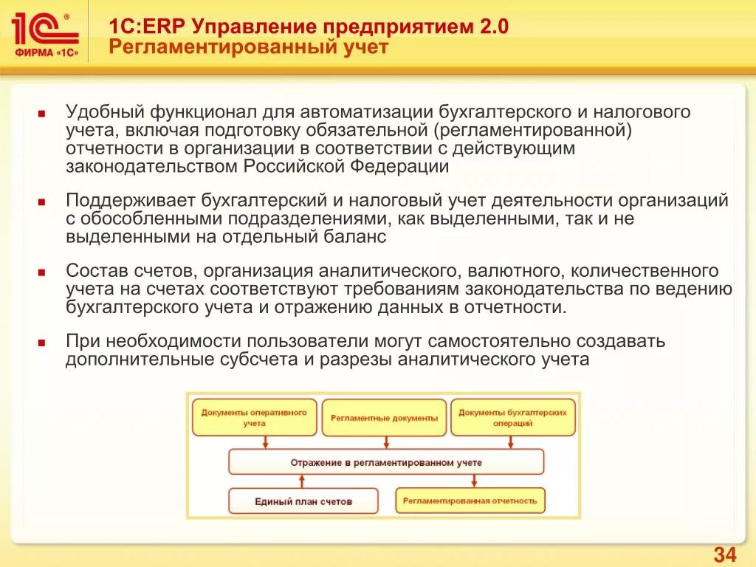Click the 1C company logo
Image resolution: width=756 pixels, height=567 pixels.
click(45, 36)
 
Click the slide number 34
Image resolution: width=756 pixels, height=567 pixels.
click(724, 555)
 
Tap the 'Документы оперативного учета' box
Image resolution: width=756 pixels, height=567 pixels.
click(254, 418)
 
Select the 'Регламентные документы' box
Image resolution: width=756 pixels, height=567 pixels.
click(384, 418)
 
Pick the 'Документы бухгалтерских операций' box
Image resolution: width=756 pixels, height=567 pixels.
click(512, 418)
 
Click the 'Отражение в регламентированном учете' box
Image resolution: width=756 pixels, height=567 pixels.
click(385, 462)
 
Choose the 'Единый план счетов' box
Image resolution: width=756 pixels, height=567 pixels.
click(303, 501)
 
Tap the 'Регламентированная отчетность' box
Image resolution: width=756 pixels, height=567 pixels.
click(470, 501)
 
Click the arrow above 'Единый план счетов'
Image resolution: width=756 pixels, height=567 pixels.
click(301, 481)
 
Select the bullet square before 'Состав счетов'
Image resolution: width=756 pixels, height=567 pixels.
click(43, 272)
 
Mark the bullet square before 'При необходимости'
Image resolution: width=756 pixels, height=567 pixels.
click(43, 343)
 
